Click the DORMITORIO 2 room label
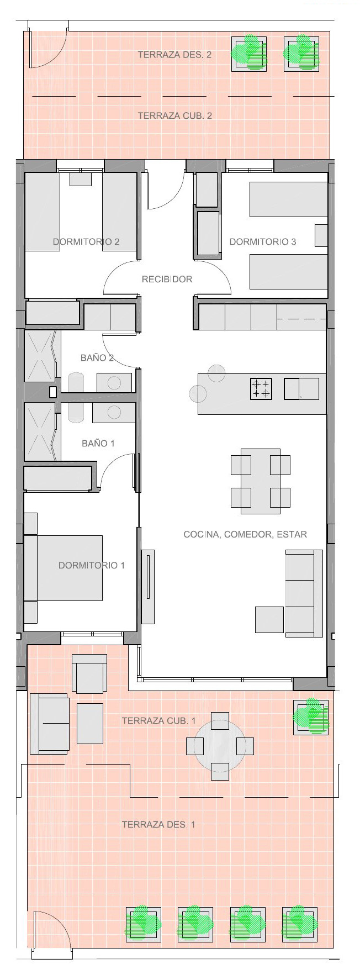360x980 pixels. [x=86, y=241]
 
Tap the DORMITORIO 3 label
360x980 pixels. [x=263, y=241]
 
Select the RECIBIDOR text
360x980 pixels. [x=167, y=279]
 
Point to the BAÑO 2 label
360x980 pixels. [x=97, y=357]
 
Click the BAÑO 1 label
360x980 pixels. [x=98, y=443]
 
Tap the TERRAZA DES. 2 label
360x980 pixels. [x=174, y=55]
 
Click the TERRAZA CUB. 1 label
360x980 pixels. [x=158, y=720]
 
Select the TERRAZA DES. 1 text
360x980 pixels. [x=158, y=824]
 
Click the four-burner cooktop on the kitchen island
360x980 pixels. [x=261, y=388]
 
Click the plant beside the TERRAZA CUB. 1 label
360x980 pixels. [x=312, y=716]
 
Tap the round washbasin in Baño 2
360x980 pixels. [x=114, y=382]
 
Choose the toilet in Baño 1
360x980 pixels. [x=76, y=413]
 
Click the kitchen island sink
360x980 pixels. [x=301, y=388]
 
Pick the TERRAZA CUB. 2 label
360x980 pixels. [x=174, y=115]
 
